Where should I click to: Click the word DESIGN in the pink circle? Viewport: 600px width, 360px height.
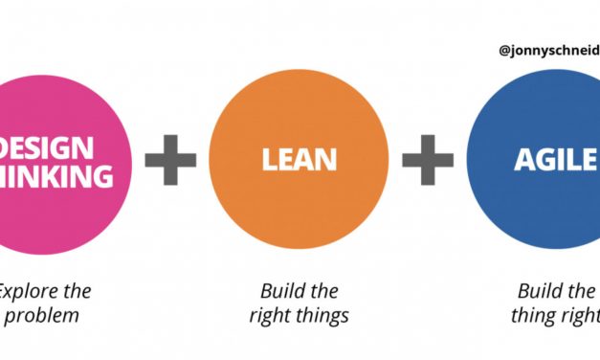click(49, 148)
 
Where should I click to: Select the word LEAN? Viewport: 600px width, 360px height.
click(300, 160)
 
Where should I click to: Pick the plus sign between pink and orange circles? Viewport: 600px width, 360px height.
click(170, 159)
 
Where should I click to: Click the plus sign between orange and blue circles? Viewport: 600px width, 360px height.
click(427, 159)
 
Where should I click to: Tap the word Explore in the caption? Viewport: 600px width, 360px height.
click(30, 291)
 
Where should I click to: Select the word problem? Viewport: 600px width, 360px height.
click(44, 315)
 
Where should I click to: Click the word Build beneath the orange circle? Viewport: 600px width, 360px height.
click(282, 291)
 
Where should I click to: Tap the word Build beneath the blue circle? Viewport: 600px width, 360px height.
click(540, 291)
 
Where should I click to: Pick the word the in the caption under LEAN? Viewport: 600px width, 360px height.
click(323, 291)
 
